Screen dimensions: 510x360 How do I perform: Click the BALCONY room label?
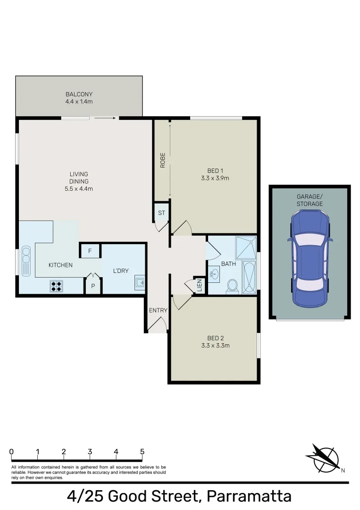point(79,94)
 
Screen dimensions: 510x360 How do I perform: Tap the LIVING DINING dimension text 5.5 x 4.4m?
point(79,189)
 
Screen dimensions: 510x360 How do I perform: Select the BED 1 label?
point(215,170)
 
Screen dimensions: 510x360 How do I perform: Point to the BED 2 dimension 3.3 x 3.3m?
point(215,345)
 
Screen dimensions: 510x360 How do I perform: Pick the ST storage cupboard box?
point(161,213)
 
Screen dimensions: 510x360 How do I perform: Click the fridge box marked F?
point(90,251)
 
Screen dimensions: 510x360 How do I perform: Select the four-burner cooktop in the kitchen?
point(57,285)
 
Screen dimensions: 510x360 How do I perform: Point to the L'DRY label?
point(121,271)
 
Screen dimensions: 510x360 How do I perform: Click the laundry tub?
point(139,282)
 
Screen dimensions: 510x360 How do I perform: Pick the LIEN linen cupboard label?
point(199,286)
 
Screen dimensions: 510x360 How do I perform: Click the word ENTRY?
point(158,310)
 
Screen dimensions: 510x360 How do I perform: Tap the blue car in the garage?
point(309,257)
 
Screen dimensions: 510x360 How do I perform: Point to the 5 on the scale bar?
point(142,451)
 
